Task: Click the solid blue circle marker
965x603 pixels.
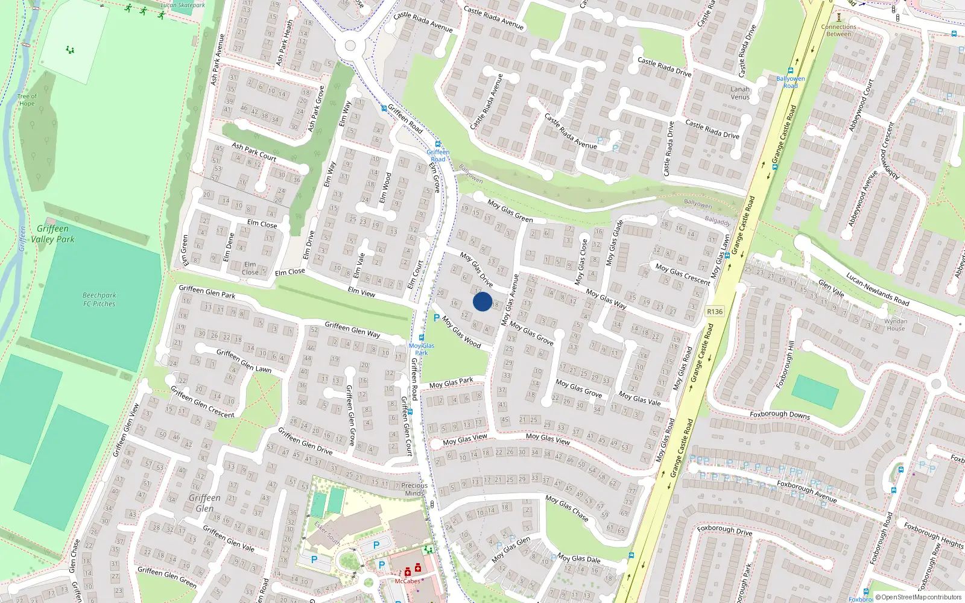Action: (482, 301)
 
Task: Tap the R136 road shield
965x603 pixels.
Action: (714, 311)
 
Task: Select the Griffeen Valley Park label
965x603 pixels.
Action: (53, 234)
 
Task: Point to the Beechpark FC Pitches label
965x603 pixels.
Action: (100, 300)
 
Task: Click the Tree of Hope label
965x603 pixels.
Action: (27, 99)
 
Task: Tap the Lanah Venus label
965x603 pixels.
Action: (740, 93)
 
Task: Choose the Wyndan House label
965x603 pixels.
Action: (896, 324)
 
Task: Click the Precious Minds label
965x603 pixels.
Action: (414, 489)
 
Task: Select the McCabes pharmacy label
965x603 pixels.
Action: (407, 581)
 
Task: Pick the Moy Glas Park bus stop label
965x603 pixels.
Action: (422, 349)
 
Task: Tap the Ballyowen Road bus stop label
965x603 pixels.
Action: (790, 82)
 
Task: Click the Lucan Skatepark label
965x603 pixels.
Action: (183, 5)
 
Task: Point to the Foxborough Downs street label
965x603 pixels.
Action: (780, 415)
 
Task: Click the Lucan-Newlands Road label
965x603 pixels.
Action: (878, 289)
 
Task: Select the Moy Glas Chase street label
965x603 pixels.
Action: (567, 508)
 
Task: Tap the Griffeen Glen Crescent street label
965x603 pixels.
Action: (203, 402)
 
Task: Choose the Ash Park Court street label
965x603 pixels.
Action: (254, 152)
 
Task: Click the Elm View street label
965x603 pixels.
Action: (361, 292)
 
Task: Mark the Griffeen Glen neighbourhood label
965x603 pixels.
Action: (204, 503)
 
